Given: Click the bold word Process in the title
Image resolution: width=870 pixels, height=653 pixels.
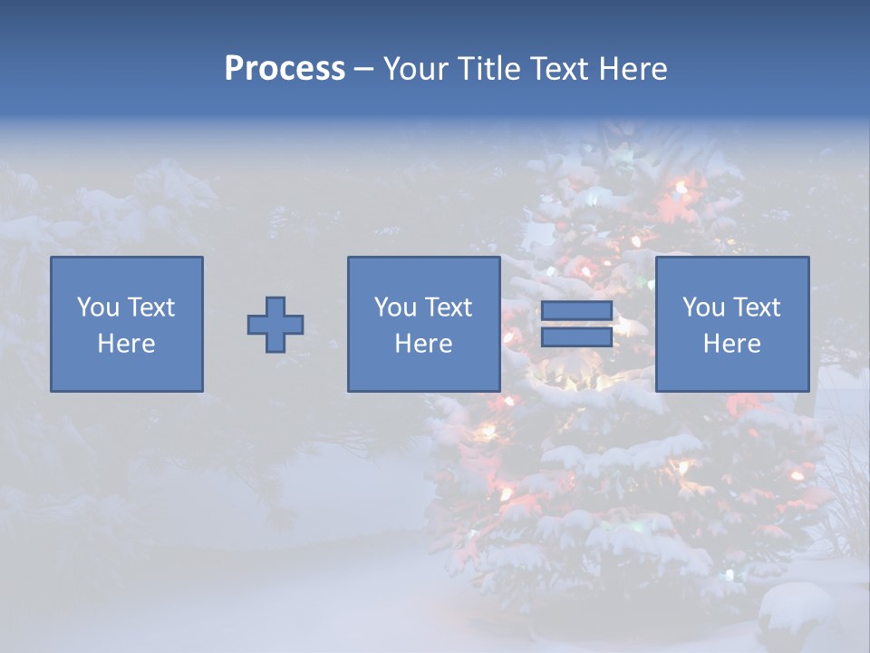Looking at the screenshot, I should pos(285,69).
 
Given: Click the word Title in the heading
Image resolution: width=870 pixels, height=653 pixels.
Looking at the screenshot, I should pos(488,69).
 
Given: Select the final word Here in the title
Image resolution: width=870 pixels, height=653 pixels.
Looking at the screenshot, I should pos(633,69).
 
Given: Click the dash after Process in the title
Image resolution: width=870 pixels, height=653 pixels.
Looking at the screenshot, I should pos(363,70).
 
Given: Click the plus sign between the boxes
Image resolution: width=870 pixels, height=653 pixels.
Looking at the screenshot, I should pos(275,325).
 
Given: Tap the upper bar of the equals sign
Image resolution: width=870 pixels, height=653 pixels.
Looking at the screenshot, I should pos(576,311).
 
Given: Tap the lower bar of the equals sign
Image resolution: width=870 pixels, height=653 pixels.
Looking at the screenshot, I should pos(576,337).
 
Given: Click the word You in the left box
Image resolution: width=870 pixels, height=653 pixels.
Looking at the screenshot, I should pos(96,307).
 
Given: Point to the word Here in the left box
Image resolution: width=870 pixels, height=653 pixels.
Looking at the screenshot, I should pos(127,344).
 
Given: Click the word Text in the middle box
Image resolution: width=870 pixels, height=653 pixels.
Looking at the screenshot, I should pos(448,307).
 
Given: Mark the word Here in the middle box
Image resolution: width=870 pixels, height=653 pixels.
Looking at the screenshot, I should pos(424,344).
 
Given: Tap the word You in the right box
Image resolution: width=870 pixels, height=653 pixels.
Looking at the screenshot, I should pos(703,307).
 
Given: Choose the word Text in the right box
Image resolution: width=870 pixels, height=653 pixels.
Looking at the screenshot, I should pos(756,307).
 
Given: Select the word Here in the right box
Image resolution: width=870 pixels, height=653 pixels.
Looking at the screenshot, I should pos(732,344).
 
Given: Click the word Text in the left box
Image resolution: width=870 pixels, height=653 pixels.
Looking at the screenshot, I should pos(150,307).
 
